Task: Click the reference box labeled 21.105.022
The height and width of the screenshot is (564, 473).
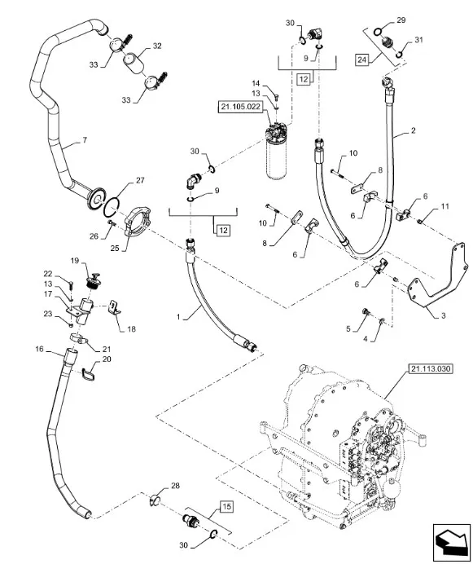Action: click(240, 108)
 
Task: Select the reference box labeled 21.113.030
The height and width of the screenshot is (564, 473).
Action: click(430, 369)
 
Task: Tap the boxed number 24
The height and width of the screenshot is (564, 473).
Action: click(361, 59)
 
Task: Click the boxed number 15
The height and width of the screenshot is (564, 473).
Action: click(226, 507)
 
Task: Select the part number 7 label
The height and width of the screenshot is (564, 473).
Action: click(85, 140)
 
